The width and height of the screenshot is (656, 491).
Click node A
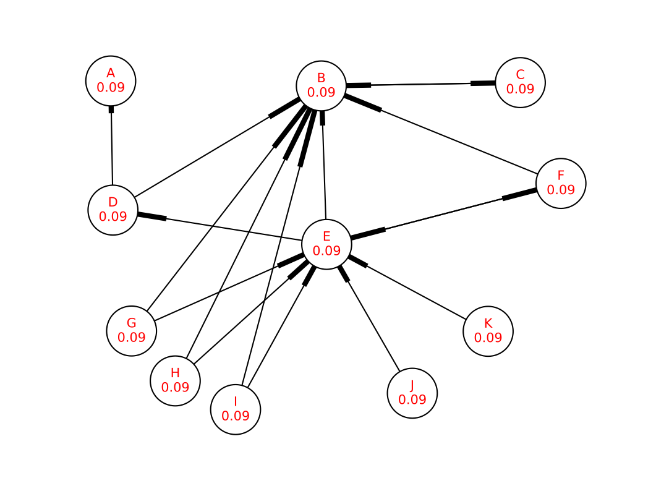pos(111,81)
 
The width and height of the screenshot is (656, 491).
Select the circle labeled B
pos(322,86)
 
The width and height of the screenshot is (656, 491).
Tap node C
pos(521,82)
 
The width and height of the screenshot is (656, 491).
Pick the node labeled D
pos(113,210)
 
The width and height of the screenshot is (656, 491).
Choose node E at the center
pos(326,244)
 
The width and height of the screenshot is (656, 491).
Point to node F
pos(561,183)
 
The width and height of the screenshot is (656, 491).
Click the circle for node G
pos(132,331)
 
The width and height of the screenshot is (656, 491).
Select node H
pos(176,381)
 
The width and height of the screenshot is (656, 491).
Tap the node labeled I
pos(236,409)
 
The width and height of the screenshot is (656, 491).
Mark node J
pos(412,393)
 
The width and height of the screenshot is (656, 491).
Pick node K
pos(488,331)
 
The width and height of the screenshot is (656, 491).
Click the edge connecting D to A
pos(112,145)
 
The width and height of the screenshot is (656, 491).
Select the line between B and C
pos(421,84)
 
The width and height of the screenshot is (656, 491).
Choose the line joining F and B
pos(441,134)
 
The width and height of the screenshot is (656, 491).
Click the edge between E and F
pos(444,214)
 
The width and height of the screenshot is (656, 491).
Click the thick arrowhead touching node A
pos(111,109)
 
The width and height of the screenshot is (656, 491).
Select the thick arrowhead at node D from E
pos(152,216)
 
